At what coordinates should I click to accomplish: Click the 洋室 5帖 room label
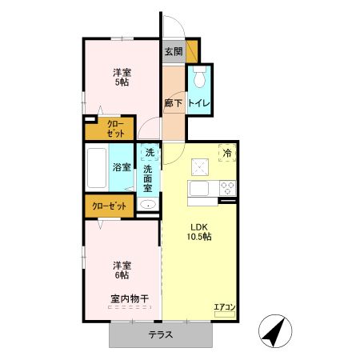tap(122, 78)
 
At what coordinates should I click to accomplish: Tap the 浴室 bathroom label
tap(122, 168)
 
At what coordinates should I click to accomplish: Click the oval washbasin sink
tap(148, 206)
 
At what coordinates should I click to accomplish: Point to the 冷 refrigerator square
tap(227, 152)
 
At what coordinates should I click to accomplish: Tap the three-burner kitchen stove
tap(227, 189)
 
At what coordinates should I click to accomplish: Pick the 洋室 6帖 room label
tap(122, 270)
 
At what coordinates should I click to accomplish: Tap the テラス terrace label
tap(160, 334)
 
